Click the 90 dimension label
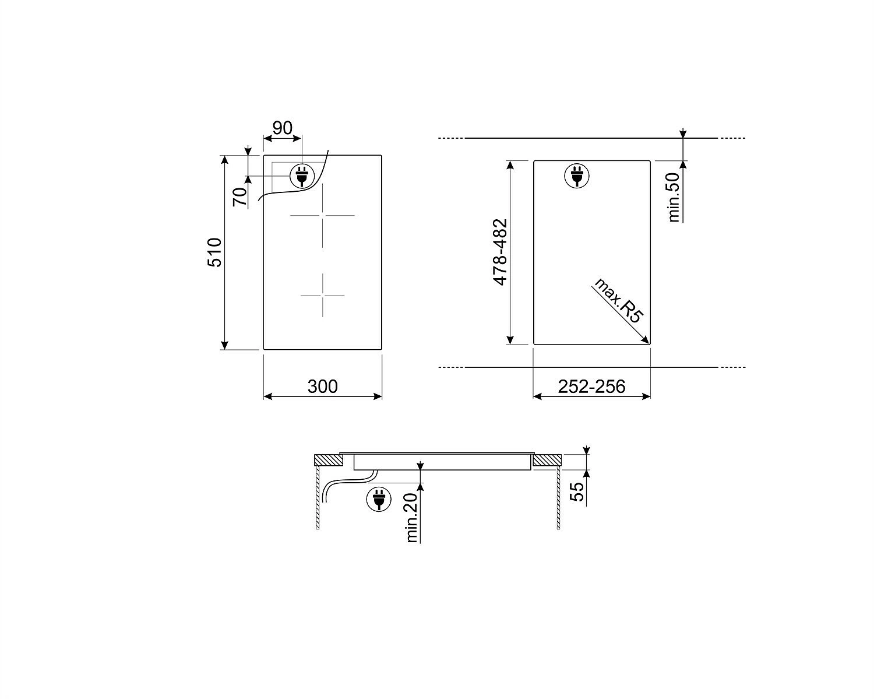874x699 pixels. point(282,128)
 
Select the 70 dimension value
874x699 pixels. point(240,196)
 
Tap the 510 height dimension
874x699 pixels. point(214,252)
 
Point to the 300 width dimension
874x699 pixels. point(322,387)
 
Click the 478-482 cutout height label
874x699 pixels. point(501,252)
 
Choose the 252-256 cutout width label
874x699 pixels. point(592,387)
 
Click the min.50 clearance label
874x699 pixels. point(674,198)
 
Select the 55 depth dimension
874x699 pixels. point(577,491)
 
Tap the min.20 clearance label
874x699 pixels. point(411,518)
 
